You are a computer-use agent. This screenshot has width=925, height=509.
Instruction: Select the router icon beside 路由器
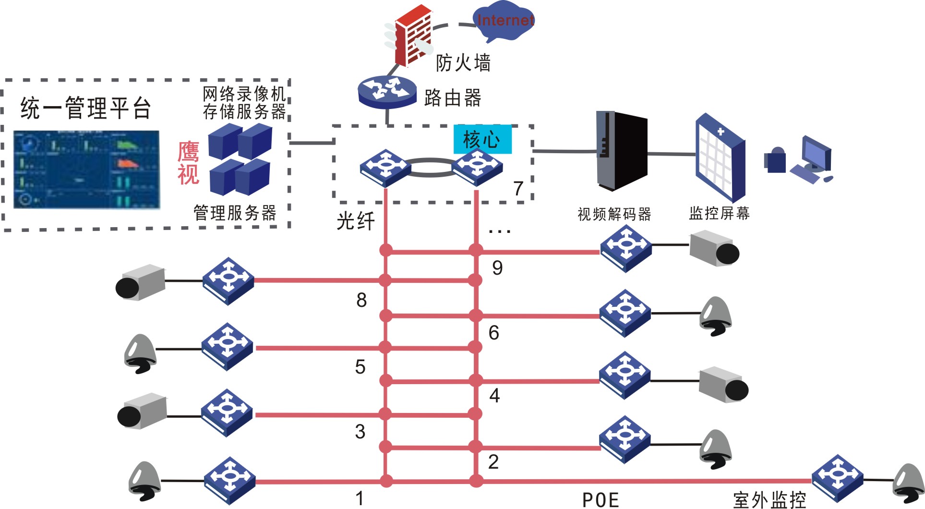click(387, 91)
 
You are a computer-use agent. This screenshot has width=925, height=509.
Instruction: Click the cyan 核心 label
click(482, 139)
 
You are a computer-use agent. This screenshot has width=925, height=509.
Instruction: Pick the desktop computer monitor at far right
click(816, 154)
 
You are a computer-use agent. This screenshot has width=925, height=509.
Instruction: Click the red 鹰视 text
click(188, 163)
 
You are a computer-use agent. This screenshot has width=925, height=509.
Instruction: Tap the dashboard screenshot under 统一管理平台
click(86, 169)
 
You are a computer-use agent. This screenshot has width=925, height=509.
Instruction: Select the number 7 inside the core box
click(518, 189)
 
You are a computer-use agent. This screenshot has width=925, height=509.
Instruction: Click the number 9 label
click(497, 268)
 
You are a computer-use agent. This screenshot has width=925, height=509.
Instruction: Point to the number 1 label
click(360, 498)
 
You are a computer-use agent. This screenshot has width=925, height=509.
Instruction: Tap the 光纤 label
click(355, 221)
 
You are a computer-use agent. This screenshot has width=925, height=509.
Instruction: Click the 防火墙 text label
click(463, 63)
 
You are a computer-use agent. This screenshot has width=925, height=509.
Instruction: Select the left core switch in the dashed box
click(385, 168)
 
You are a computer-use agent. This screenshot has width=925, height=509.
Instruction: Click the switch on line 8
click(228, 281)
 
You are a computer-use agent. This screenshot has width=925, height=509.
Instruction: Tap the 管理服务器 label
click(235, 213)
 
